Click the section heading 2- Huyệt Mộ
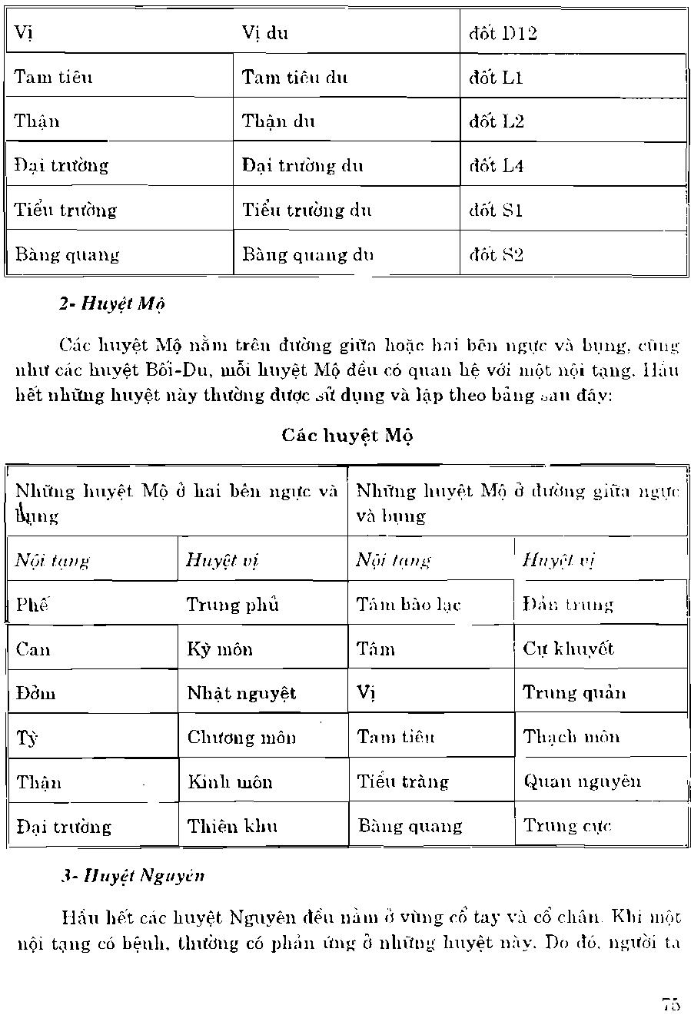[x=111, y=303]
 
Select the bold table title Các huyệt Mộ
[x=347, y=436]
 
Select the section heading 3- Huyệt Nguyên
[x=132, y=875]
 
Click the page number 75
[x=670, y=1003]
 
